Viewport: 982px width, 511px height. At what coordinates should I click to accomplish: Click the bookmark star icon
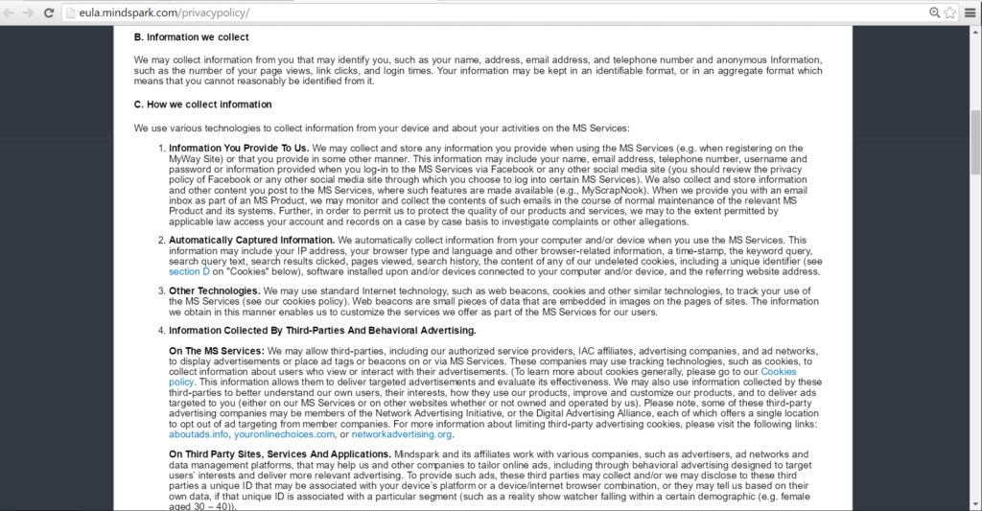coord(950,12)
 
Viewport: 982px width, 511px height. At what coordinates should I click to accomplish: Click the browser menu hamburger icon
coord(970,12)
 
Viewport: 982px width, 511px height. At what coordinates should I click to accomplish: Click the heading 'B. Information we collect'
coord(191,37)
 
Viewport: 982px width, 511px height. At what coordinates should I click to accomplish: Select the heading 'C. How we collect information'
coord(202,105)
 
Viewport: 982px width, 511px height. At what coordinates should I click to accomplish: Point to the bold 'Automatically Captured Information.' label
coord(251,239)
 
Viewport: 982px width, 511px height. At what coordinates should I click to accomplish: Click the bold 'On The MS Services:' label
coord(217,351)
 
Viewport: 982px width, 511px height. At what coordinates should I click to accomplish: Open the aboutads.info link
coord(199,434)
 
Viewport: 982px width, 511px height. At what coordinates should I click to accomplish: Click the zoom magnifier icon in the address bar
coord(935,12)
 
